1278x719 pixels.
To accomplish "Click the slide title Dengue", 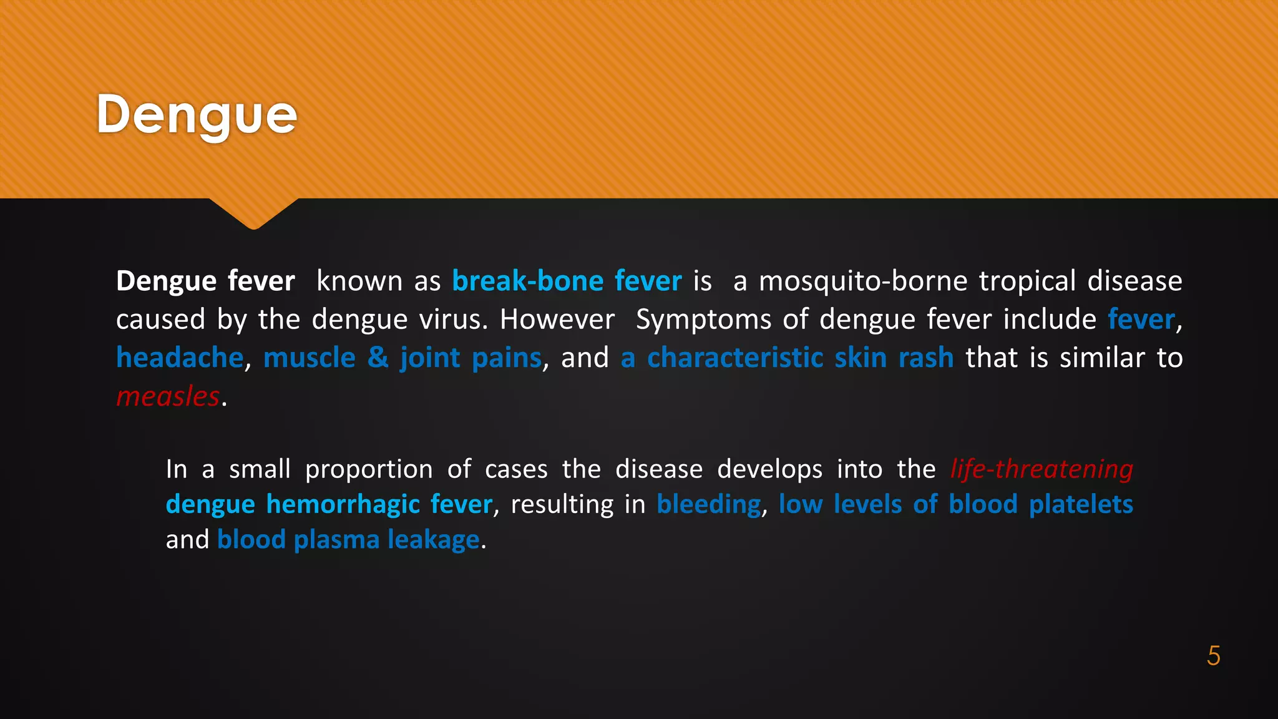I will [x=197, y=115].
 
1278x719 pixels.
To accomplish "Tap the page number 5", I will [x=1213, y=656].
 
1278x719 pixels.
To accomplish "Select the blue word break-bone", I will [x=527, y=281].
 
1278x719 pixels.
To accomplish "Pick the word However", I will [x=557, y=320].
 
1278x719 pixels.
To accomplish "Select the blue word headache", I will [x=180, y=358].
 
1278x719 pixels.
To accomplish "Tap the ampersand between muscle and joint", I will [x=378, y=358].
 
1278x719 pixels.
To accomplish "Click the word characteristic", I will [x=735, y=358].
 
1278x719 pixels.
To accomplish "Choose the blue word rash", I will [x=926, y=358].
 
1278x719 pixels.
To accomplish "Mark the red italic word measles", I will [x=168, y=396].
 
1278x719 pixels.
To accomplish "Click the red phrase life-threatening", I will [x=1041, y=469].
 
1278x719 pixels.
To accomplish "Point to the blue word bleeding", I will [x=709, y=504].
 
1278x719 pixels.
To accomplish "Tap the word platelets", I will [x=1081, y=504].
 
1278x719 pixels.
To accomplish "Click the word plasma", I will [x=336, y=539].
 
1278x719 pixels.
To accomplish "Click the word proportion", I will [x=369, y=469].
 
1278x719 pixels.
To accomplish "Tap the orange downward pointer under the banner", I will [x=254, y=213].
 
